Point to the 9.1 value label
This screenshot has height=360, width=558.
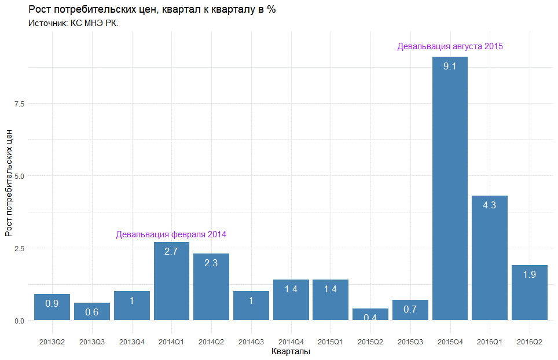click(450, 67)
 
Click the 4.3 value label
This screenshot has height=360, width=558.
click(490, 205)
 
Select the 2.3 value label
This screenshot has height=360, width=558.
click(211, 263)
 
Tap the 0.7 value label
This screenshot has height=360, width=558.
click(410, 309)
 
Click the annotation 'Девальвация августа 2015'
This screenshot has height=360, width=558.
click(450, 46)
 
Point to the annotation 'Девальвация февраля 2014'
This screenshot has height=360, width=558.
click(171, 234)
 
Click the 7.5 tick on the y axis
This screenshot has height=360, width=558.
click(19, 103)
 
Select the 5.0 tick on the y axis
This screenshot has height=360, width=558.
click(19, 175)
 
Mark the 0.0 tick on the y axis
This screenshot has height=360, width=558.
click(19, 321)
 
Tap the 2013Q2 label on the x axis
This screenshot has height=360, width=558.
click(52, 342)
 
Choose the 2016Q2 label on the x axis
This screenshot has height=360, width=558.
click(530, 342)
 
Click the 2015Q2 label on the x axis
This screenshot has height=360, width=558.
click(370, 342)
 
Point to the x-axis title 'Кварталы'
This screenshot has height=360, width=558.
click(291, 352)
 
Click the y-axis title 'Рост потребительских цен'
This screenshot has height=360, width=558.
click(9, 183)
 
